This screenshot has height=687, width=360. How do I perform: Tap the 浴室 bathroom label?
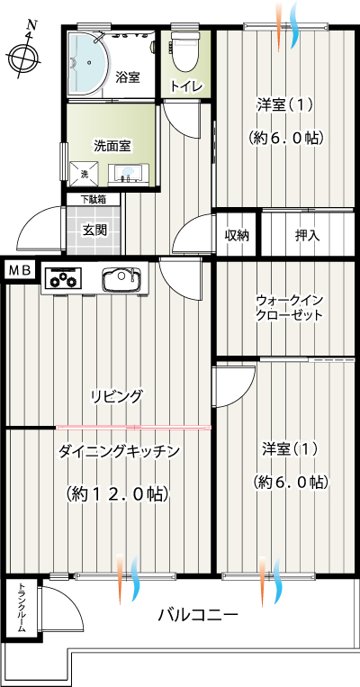coord(128,78)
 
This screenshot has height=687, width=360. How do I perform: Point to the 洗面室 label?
coord(112,147)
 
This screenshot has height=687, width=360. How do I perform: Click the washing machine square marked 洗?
coord(84,174)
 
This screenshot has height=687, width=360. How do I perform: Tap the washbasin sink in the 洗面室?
coord(129,174)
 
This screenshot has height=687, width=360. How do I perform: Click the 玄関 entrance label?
coord(94,229)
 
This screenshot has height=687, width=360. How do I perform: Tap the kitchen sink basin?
coord(122,279)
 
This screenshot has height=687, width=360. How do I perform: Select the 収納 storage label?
coord(237,236)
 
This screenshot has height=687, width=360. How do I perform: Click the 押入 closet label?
coord(307,236)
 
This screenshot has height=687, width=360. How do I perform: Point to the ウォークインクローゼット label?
coord(290,308)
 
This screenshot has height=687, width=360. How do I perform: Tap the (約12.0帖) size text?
coord(117,494)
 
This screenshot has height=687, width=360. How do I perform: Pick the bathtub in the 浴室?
coord(83,63)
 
